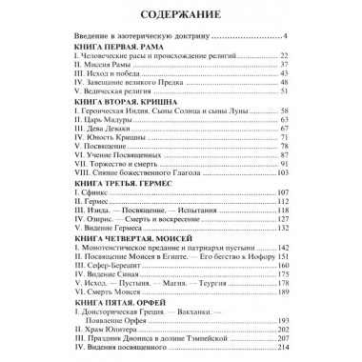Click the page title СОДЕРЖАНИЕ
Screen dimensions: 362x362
(181, 14)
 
